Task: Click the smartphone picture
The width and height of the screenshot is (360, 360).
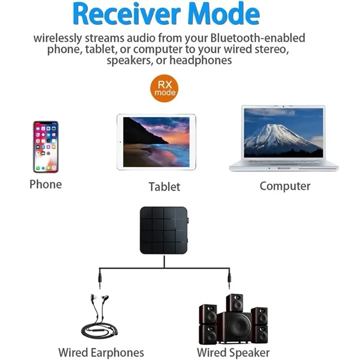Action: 45,147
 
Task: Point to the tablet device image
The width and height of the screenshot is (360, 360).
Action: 156,142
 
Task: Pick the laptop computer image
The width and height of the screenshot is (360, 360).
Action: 283,138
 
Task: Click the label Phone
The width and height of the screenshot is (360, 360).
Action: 45,184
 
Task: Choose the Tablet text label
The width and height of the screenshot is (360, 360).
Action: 164,187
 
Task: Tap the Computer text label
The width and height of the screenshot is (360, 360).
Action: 285,186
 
